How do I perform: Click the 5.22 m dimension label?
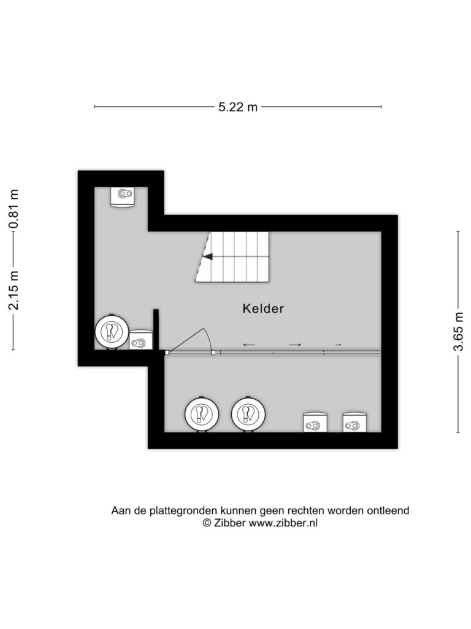tap(237, 107)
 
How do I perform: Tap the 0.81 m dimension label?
tap(14, 208)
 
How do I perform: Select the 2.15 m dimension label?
tap(14, 291)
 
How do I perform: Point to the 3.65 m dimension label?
tap(458, 331)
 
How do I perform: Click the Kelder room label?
tap(263, 308)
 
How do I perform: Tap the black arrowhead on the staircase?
tap(207, 257)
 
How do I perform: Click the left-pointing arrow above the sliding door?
tap(249, 345)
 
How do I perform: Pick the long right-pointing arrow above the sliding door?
tap(295, 345)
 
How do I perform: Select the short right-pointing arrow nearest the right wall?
tap(338, 345)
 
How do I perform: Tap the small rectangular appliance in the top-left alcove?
tap(123, 197)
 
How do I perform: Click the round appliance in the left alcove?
tap(112, 332)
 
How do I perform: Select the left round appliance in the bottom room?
tap(201, 413)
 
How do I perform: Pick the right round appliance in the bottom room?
tap(248, 413)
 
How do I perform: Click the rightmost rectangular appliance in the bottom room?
tap(355, 423)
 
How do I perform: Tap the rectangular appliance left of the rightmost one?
tap(316, 423)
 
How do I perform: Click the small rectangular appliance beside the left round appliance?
tap(141, 340)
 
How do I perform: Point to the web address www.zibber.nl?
tap(283, 523)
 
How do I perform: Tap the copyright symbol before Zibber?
tap(207, 523)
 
